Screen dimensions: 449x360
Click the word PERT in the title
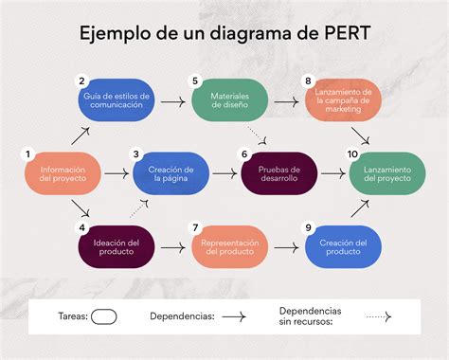coord(345,32)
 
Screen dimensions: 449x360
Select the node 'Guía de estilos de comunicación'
coord(117,100)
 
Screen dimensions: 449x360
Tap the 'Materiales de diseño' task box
coord(230,100)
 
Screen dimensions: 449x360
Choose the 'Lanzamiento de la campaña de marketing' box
coord(343,100)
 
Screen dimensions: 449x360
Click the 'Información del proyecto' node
coord(63,173)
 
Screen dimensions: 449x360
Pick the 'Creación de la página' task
coord(171,173)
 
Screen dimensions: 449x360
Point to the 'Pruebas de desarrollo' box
coord(279,173)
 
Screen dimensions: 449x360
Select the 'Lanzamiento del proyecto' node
coord(387,173)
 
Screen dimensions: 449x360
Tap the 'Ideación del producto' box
coord(117,247)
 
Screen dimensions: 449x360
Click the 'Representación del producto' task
coord(230,247)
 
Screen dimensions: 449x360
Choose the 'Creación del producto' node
coord(343,247)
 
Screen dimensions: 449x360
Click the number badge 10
coord(352,154)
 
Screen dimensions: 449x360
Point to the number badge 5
coord(195,81)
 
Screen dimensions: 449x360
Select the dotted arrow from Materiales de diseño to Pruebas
coord(257,135)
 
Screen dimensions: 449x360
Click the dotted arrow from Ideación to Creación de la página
coord(139,208)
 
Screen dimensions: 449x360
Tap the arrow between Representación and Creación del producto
coord(286,247)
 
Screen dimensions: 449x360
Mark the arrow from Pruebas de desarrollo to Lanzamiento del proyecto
coord(333,173)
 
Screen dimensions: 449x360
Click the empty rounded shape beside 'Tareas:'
coord(104,316)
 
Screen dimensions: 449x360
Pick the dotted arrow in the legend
coord(379,316)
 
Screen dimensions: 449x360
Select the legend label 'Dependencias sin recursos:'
coord(310,316)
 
